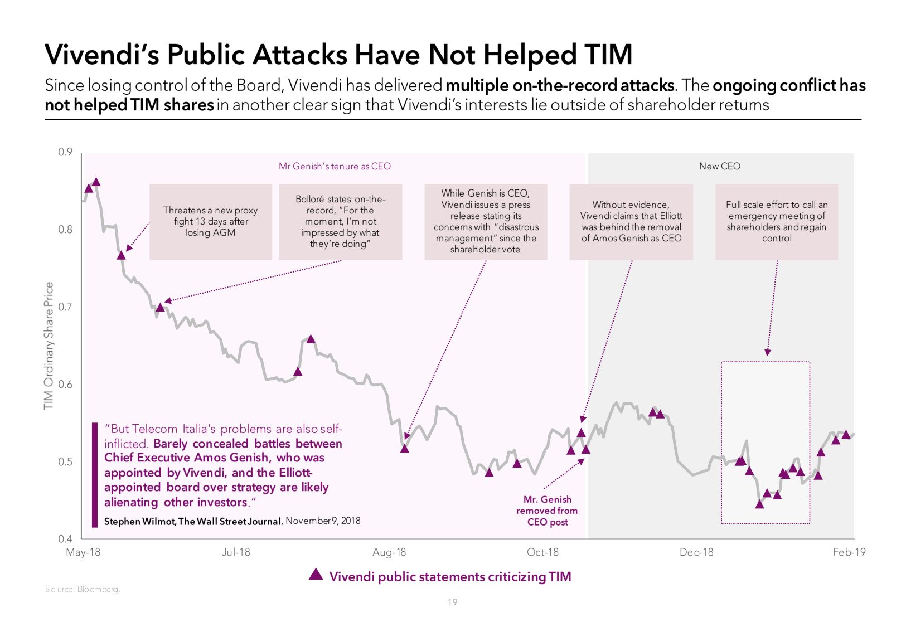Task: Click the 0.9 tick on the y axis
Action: [x=65, y=152]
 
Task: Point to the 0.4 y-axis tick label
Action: [x=65, y=539]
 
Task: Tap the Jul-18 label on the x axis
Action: [x=236, y=552]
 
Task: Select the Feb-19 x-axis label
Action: [x=849, y=552]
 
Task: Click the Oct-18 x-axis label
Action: [x=542, y=552]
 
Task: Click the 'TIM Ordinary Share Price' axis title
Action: [x=49, y=346]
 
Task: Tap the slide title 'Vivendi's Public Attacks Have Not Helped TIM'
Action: [x=338, y=55]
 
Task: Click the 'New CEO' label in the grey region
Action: [x=719, y=166]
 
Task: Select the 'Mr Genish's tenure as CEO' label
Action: [x=335, y=166]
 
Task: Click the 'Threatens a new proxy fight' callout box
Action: [x=210, y=222]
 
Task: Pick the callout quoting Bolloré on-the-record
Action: [x=340, y=222]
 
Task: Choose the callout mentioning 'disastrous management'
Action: [x=486, y=222]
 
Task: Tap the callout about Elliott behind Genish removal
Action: [x=631, y=222]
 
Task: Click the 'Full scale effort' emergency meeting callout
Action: [x=777, y=222]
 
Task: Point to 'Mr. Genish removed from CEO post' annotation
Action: [x=547, y=511]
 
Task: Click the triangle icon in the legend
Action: [x=316, y=575]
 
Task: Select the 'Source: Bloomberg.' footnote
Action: [x=82, y=589]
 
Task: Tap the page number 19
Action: [x=452, y=602]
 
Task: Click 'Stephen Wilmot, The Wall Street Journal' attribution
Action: [x=192, y=522]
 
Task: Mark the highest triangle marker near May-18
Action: [x=96, y=182]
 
